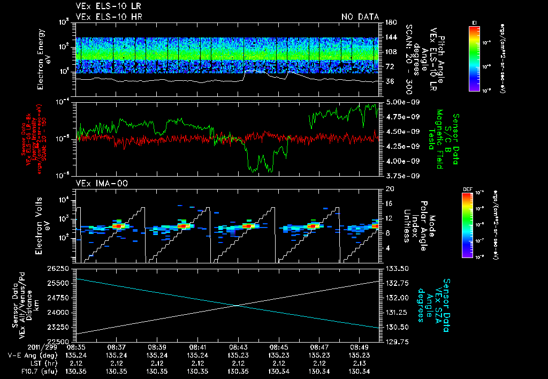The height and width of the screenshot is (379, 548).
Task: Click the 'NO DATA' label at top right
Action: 360,17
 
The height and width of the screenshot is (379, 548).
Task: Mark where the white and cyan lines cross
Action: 237,305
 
